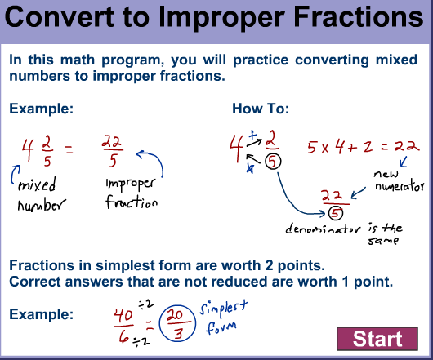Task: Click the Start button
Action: pos(377,339)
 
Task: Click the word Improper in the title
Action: pos(221,17)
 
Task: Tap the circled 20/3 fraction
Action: pos(177,323)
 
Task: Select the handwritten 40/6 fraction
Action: pos(123,328)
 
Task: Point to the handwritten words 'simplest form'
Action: pos(223,318)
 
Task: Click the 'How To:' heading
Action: pos(261,109)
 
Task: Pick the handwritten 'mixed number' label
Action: pos(42,194)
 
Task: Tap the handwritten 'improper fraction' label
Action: pos(132,193)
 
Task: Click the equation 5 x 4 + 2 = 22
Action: pos(363,146)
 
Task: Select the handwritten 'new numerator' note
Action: pos(399,180)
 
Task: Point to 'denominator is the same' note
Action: pos(344,233)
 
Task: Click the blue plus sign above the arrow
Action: pos(252,135)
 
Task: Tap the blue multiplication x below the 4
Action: pos(250,168)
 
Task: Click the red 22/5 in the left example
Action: pos(113,151)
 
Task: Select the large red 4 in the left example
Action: pos(28,150)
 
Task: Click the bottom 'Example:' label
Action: pos(42,314)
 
